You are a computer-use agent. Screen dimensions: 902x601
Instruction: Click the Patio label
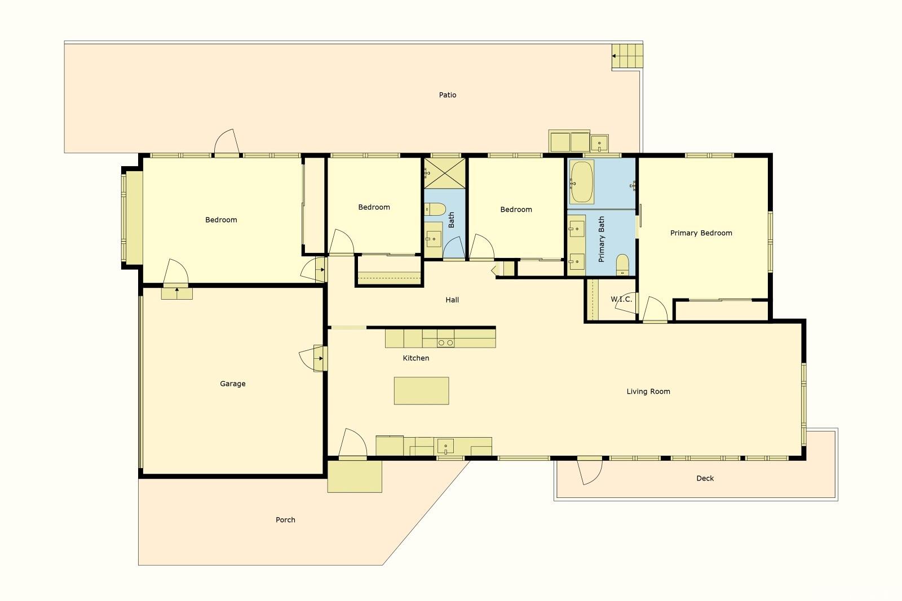(x=448, y=95)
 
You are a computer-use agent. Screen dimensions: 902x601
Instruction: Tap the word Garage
(x=233, y=384)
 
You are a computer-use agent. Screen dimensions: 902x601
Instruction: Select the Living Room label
(x=648, y=391)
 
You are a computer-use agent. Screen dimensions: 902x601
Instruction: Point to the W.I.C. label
(x=621, y=299)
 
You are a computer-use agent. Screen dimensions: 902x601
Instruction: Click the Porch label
(x=285, y=520)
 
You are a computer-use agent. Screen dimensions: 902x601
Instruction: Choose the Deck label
(x=705, y=478)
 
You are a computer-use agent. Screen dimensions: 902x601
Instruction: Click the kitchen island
(x=421, y=390)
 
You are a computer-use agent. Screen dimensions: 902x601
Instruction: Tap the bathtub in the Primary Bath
(x=581, y=182)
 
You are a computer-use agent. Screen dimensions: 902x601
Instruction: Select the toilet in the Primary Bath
(x=622, y=264)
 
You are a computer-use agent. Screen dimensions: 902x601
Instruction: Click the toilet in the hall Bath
(x=435, y=209)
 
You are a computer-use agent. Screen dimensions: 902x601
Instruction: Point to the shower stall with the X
(x=445, y=173)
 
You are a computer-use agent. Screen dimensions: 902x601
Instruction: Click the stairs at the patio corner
(x=627, y=56)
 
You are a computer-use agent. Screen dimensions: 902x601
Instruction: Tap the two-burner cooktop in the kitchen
(x=445, y=342)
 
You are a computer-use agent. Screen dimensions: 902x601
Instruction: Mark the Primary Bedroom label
(x=701, y=233)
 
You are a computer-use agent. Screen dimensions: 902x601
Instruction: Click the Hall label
(x=452, y=300)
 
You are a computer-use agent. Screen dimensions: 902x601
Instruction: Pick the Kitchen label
(x=416, y=358)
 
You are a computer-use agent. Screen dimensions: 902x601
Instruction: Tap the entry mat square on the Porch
(x=355, y=477)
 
